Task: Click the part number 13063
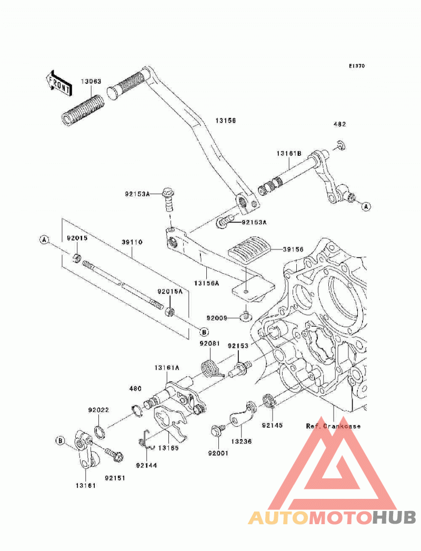(91, 82)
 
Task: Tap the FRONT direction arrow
(59, 84)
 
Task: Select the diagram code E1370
(357, 66)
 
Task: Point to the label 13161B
(289, 154)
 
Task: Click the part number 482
(339, 124)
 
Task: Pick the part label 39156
(294, 249)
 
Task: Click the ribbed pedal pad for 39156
(249, 247)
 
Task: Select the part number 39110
(132, 243)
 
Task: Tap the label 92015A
(170, 292)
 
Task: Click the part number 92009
(217, 318)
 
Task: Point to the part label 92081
(210, 343)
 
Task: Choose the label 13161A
(167, 367)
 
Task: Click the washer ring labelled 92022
(99, 432)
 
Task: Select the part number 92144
(146, 466)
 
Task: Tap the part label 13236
(242, 442)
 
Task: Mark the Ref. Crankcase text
(333, 426)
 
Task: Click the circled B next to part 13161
(60, 440)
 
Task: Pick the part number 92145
(272, 426)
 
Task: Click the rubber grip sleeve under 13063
(83, 109)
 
